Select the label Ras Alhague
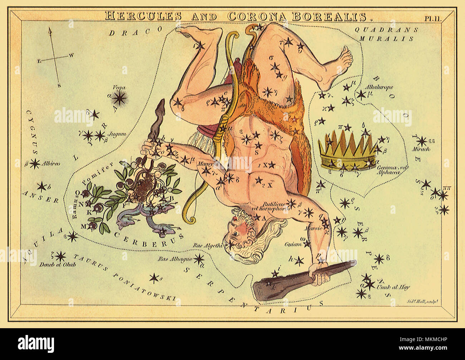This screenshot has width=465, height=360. tap(178, 258)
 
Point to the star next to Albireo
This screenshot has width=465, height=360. tap(34, 164)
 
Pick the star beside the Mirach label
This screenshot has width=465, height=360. tap(422, 141)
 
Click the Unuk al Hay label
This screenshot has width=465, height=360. tap(392, 287)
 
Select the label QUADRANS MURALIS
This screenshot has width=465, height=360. tap(386, 34)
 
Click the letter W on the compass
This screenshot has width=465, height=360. tap(72, 55)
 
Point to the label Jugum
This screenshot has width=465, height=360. tap(119, 134)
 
